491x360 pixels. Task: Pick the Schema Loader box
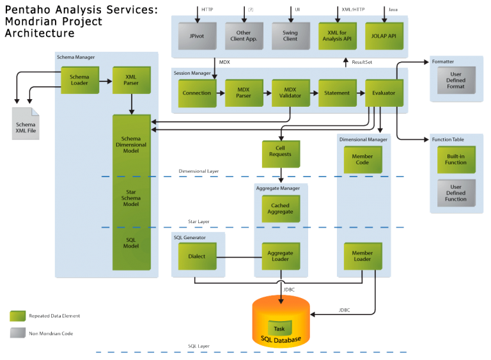coord(80,81)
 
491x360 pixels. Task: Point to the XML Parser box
coord(131,81)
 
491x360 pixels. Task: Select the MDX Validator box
coord(290,93)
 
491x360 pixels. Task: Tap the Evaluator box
coord(384,93)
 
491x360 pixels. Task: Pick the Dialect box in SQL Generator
coord(197,256)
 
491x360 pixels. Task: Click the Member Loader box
coord(362,256)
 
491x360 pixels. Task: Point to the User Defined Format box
coord(456,81)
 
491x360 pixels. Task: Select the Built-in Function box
coord(456,159)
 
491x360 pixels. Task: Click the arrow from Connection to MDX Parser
coord(221,93)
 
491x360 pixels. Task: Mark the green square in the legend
coord(18,316)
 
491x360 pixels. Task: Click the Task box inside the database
coord(279,328)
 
